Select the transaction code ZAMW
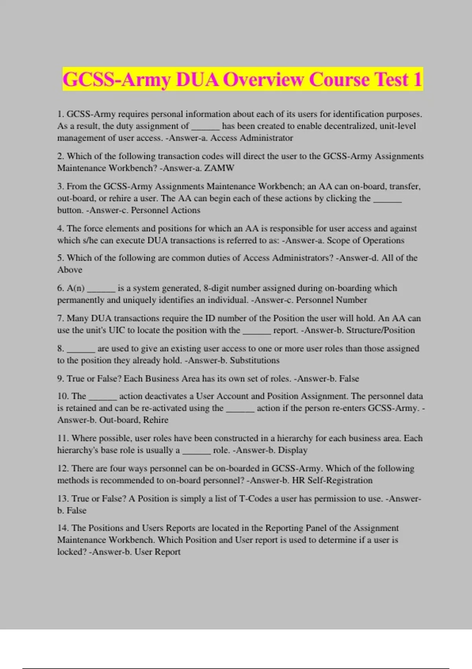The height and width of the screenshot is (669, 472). (x=219, y=168)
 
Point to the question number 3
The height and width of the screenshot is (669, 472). (x=60, y=187)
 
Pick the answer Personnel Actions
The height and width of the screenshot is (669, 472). (x=166, y=210)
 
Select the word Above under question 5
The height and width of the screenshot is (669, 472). (x=70, y=270)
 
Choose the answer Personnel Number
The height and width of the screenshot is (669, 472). (x=331, y=300)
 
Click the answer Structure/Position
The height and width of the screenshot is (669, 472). (x=380, y=330)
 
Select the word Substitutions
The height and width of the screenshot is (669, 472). (x=254, y=360)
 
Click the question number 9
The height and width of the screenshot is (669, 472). (x=60, y=379)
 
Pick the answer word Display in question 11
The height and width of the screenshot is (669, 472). (x=293, y=450)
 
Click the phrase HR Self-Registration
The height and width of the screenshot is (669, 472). (x=332, y=480)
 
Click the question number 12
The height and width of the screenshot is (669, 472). (x=63, y=468)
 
